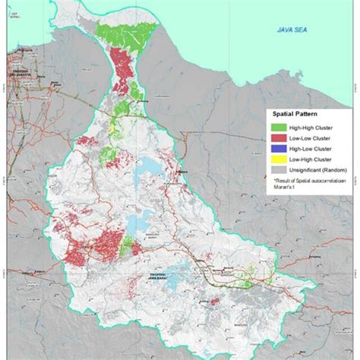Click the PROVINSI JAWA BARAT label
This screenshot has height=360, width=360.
154,279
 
